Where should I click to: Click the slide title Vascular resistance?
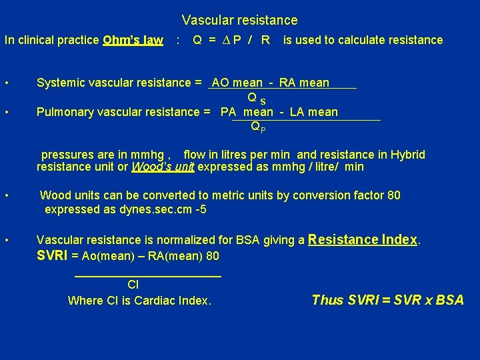pyautogui.click(x=239, y=21)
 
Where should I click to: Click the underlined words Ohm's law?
pyautogui.click(x=133, y=40)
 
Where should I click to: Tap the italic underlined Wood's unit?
pyautogui.click(x=163, y=167)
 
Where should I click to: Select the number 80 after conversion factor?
pyautogui.click(x=394, y=195)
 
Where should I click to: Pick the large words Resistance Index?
pyautogui.click(x=363, y=239)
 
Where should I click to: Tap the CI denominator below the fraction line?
pyautogui.click(x=133, y=285)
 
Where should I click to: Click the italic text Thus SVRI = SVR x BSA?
pyautogui.click(x=387, y=300)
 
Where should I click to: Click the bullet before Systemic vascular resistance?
pyautogui.click(x=6, y=83)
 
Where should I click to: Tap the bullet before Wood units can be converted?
pyautogui.click(x=6, y=196)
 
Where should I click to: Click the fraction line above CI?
pyautogui.click(x=147, y=275)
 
